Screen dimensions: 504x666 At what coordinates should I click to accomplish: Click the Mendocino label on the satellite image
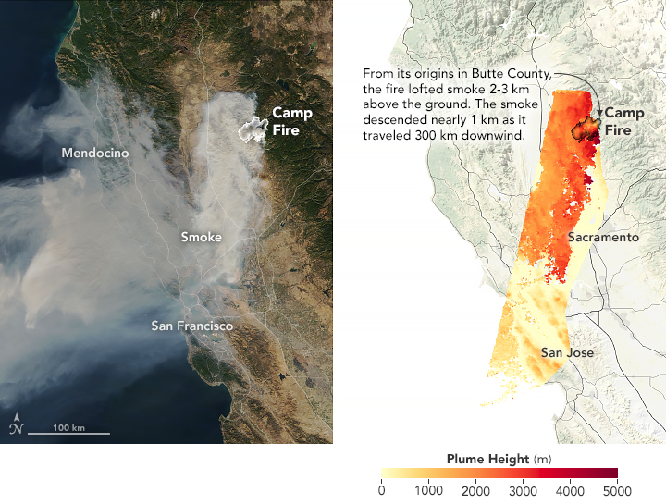(x=95, y=152)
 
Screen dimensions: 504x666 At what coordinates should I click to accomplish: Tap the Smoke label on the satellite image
(x=201, y=238)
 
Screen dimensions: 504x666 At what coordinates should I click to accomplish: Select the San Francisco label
(x=192, y=326)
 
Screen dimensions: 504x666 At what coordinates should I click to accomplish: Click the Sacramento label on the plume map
(x=603, y=238)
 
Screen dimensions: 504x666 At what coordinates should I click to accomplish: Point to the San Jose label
(x=567, y=352)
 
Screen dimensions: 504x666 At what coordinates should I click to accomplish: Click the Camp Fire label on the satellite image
(x=291, y=121)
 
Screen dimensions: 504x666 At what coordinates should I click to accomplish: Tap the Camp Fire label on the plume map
(x=624, y=122)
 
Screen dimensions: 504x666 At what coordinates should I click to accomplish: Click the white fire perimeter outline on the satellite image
(x=251, y=130)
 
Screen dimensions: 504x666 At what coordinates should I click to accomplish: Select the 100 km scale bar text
(x=68, y=427)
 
